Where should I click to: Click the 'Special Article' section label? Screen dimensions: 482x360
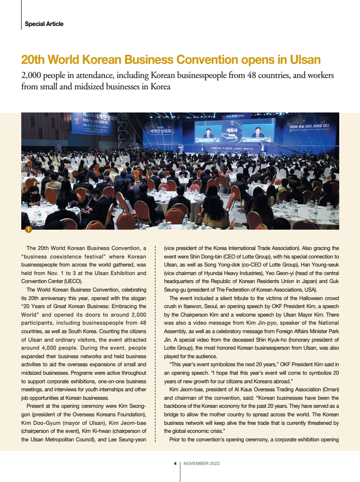pyautogui.click(x=44, y=24)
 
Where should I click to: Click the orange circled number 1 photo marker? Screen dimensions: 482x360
pyautogui.click(x=28, y=230)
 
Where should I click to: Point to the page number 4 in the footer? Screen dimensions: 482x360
pyautogui.click(x=175, y=464)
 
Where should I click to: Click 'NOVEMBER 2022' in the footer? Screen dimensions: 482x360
pyautogui.click(x=202, y=464)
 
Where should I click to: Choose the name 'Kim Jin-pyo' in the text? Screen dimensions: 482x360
pyautogui.click(x=255, y=324)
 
